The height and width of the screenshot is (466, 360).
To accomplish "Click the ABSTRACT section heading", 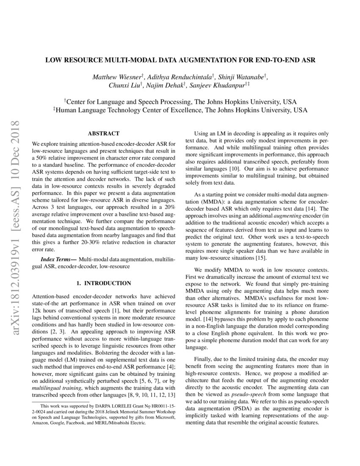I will click(103, 133).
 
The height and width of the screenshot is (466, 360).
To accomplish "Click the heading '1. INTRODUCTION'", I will click(104, 283).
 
